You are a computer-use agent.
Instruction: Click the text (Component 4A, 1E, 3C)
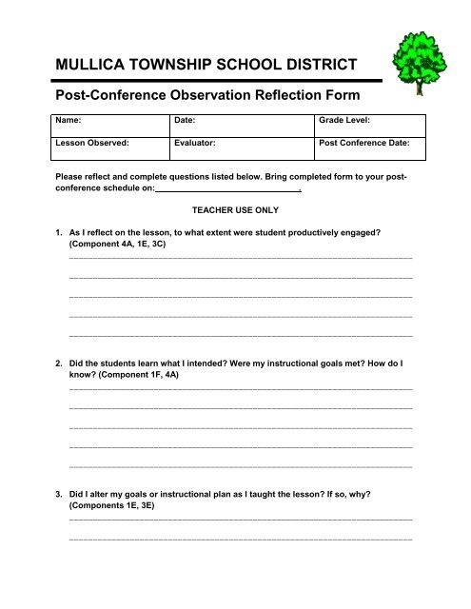(x=123, y=244)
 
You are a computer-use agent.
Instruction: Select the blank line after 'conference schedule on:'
(x=229, y=190)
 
